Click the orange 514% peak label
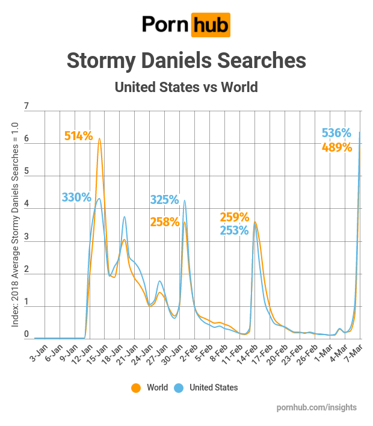78,136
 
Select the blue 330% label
76,197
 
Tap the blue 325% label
164,199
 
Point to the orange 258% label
165,222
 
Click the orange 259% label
235,217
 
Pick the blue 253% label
235,230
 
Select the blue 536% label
337,133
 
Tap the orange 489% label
337,147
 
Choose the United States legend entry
207,387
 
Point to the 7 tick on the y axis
26,107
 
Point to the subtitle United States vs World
186,87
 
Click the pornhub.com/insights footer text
316,407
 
